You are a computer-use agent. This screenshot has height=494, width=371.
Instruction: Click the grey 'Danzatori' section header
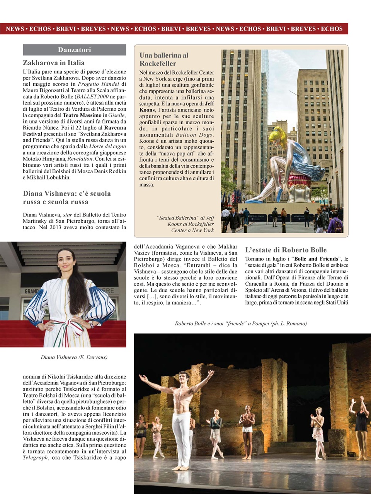[74, 50]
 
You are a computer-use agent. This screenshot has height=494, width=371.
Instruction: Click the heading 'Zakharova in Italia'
[53, 63]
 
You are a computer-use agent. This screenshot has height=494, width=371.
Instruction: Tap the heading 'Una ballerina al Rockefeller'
[163, 59]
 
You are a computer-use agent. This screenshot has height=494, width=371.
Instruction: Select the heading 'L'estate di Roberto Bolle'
[286, 250]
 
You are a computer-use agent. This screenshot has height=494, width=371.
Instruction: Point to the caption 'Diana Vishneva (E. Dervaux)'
[74, 357]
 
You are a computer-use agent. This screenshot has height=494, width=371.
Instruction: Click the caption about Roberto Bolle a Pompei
[240, 323]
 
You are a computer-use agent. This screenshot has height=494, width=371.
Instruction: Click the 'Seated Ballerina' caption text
[185, 224]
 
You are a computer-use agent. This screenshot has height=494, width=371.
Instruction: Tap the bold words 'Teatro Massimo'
[82, 115]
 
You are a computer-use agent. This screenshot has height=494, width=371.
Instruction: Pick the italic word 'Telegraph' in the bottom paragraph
[35, 457]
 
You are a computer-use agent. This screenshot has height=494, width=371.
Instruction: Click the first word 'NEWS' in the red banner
[15, 29]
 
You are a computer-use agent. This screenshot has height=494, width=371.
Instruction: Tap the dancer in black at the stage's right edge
[361, 425]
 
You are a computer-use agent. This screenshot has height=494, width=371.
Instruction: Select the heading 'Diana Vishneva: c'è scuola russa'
[66, 198]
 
